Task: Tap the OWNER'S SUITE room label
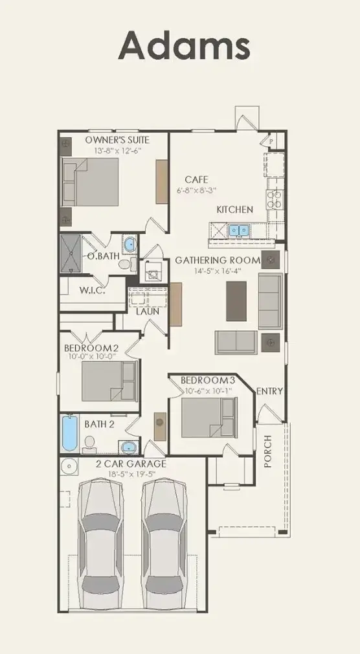coord(117,140)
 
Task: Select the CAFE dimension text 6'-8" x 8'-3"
coord(196,191)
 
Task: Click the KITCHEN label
coord(234,210)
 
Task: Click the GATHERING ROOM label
coord(218,260)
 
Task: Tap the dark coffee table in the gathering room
coord(236,301)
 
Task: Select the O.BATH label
coord(104,256)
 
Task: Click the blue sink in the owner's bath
coord(130,245)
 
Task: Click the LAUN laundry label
coord(148,311)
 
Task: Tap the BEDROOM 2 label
coord(89,348)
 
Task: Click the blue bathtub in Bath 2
coord(69,434)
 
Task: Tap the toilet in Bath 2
coord(89,444)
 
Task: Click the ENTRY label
coord(269,391)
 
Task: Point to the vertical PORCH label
coord(268,451)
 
